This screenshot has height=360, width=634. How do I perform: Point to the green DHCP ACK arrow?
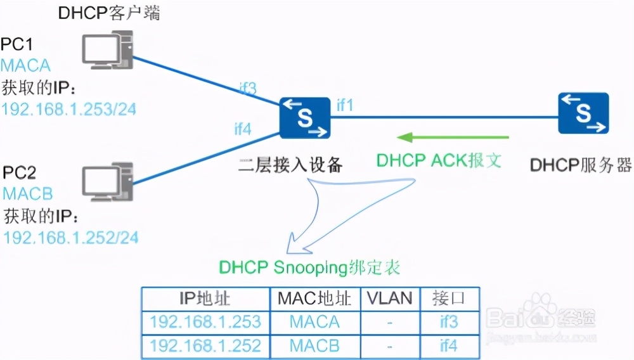(453, 137)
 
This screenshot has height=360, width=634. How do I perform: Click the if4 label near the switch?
(243, 129)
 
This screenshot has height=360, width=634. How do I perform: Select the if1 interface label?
(344, 105)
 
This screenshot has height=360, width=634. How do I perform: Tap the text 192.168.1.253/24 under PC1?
(68, 108)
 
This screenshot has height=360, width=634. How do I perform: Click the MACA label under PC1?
(25, 65)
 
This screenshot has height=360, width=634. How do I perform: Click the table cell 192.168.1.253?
(205, 322)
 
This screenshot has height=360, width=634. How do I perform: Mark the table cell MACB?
(314, 345)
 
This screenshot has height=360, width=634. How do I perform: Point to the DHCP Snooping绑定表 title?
(310, 267)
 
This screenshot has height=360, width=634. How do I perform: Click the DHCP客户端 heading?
(109, 13)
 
